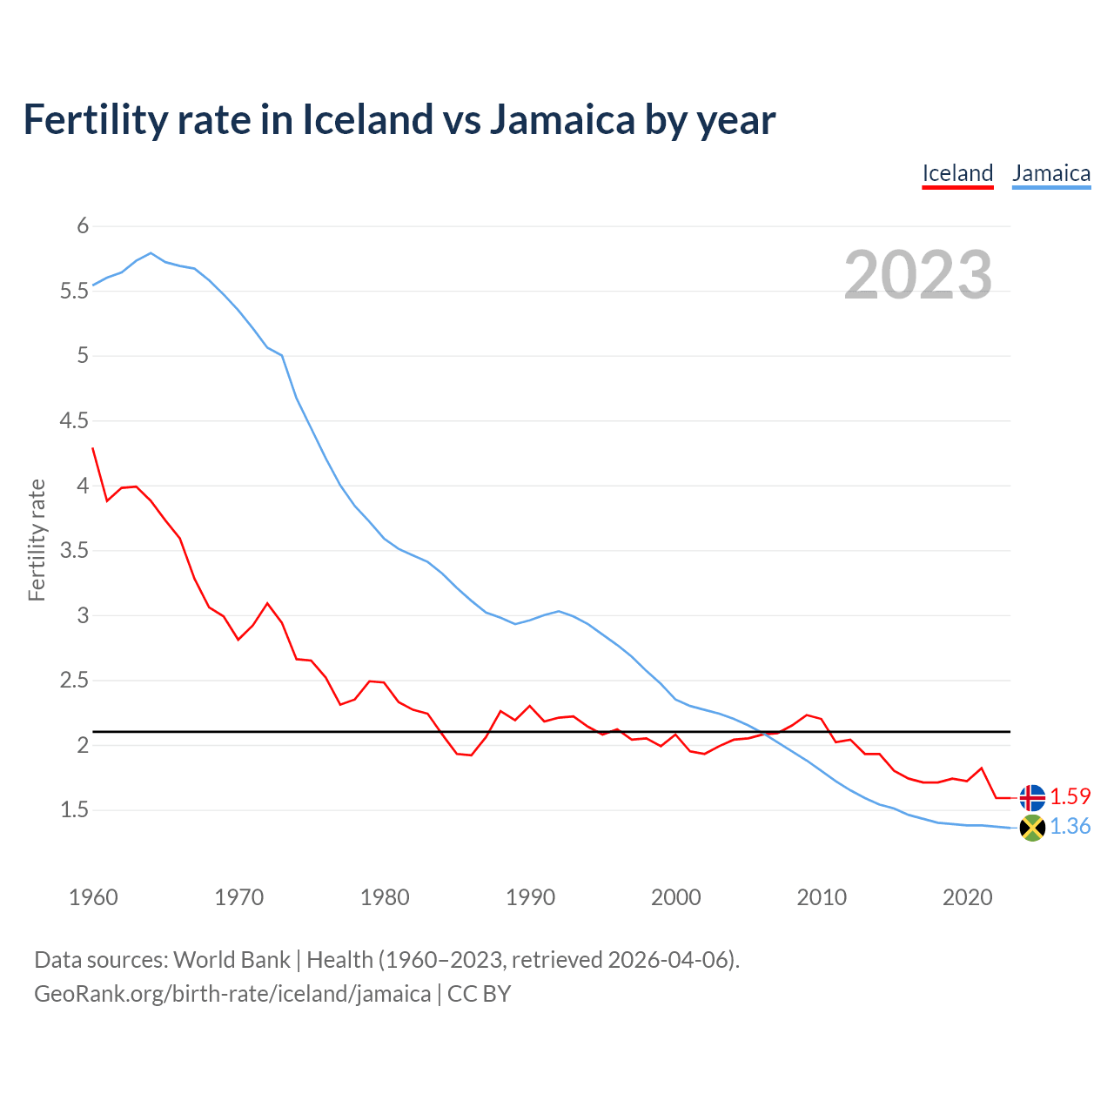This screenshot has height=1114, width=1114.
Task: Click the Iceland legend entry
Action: point(957,173)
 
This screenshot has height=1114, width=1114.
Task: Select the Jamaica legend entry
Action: point(1051,173)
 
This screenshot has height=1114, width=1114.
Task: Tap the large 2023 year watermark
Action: point(918,275)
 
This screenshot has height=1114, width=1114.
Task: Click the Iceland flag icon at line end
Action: point(1032,797)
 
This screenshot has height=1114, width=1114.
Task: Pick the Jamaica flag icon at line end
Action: point(1032,828)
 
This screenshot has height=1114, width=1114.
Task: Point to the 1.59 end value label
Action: point(1070,796)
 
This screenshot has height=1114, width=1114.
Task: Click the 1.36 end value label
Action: point(1070,826)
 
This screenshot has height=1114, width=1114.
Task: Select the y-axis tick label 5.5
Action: point(75,291)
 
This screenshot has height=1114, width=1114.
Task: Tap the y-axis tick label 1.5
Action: point(75,810)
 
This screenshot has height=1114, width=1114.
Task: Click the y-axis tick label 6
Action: point(84,226)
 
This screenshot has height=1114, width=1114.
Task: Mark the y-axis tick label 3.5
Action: point(75,551)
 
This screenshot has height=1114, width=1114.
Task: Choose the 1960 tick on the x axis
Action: point(93,897)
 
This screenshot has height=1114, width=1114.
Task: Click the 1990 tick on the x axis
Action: point(530,897)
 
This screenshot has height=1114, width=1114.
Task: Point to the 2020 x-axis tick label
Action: point(967,897)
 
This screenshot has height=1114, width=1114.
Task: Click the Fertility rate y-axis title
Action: point(37,540)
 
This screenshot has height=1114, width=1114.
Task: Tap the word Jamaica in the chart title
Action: point(562,120)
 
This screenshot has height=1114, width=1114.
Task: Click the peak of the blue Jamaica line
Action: point(151,253)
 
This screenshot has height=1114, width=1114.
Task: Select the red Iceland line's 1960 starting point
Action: point(93,448)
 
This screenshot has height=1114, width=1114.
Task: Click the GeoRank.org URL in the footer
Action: point(232,994)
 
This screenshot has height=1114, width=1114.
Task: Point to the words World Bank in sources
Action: point(232,960)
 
